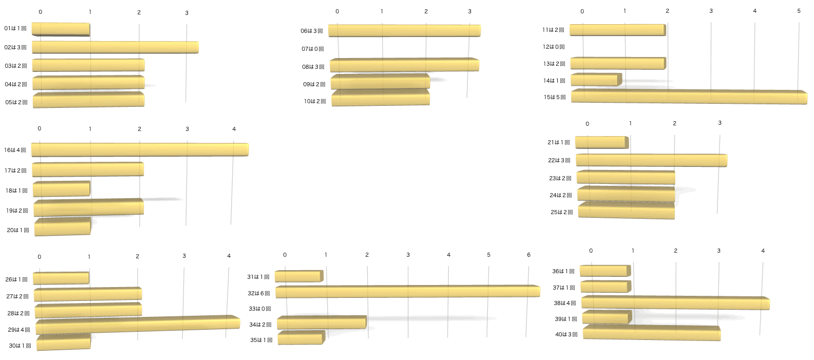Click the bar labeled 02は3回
pyautogui.click(x=115, y=47)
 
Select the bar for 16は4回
pyautogui.click(x=140, y=149)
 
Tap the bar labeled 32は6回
pyautogui.click(x=408, y=291)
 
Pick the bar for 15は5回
pyautogui.click(x=689, y=97)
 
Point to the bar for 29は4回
pyautogui.click(x=138, y=324)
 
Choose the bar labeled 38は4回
pyautogui.click(x=675, y=302)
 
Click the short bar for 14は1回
pyautogui.click(x=596, y=80)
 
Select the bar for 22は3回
pyautogui.click(x=652, y=160)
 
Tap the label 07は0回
pyautogui.click(x=313, y=49)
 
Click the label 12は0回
pyautogui.click(x=554, y=47)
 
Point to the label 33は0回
pyautogui.click(x=260, y=309)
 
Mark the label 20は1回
pyautogui.click(x=18, y=230)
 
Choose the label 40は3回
pyautogui.click(x=566, y=334)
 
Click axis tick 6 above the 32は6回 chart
pyautogui.click(x=529, y=255)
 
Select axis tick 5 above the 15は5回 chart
pyautogui.click(x=799, y=11)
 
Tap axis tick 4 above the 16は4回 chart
pyautogui.click(x=234, y=129)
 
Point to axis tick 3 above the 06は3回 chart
pyautogui.click(x=469, y=11)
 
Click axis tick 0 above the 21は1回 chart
pyautogui.click(x=587, y=124)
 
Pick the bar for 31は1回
pyautogui.click(x=299, y=276)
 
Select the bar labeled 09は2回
pyautogui.click(x=381, y=81)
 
